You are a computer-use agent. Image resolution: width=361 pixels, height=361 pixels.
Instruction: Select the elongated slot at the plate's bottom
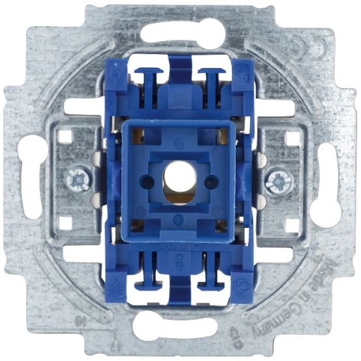(x=180, y=326)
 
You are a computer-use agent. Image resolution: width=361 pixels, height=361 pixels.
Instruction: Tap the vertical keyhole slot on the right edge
(x=328, y=178)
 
